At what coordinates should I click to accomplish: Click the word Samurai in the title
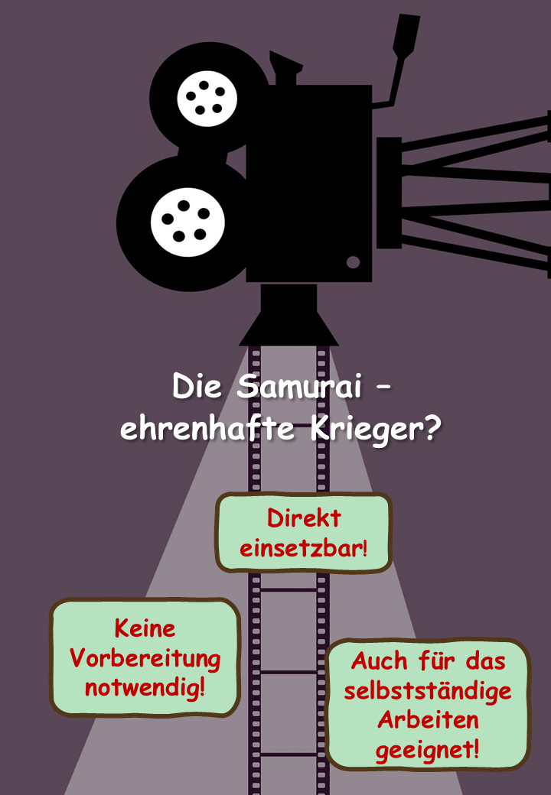click(299, 386)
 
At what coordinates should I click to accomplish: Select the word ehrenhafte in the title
click(207, 429)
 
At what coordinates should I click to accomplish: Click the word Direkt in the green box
click(304, 518)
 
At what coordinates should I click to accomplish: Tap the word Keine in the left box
click(145, 628)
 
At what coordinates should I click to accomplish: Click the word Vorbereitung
click(145, 659)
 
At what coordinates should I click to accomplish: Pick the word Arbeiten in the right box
click(428, 720)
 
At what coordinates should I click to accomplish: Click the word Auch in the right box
click(379, 660)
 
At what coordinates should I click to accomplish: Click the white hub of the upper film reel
click(207, 99)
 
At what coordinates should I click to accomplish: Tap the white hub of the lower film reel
click(187, 222)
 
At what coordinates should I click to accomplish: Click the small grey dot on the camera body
click(353, 262)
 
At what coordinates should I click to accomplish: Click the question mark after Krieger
click(432, 428)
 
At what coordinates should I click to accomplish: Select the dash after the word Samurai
click(384, 388)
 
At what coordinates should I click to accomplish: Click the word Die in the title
click(197, 386)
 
